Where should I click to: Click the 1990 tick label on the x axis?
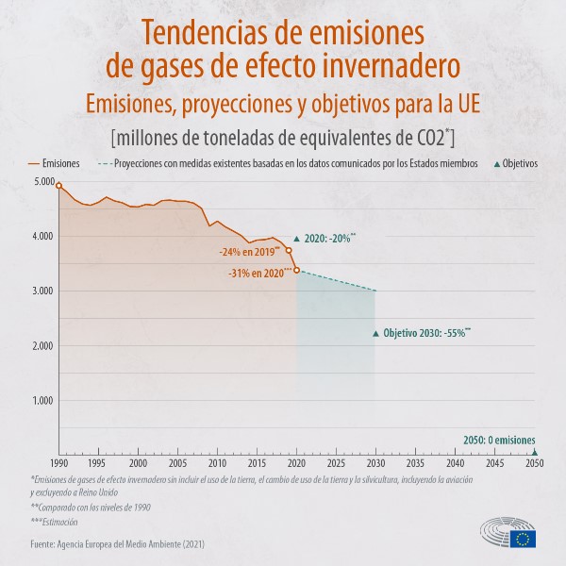coord(58,464)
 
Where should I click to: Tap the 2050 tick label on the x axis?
coord(535,464)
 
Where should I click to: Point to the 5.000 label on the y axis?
coord(42,181)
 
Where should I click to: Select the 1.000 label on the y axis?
coord(42,400)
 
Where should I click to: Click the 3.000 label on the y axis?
coord(42,291)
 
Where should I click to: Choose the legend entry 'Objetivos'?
coord(516,163)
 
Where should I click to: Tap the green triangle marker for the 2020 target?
coord(296,240)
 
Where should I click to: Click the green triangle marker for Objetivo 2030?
coord(375,333)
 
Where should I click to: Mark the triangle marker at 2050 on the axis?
coord(535,451)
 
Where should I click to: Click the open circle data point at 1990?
coord(58,186)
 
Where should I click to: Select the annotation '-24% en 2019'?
coord(250,253)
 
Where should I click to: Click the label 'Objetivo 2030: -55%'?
coord(426,333)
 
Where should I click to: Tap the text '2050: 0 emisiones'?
coord(499,441)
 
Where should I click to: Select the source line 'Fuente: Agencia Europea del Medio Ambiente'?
coord(116,544)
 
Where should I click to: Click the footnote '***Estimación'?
coord(54,522)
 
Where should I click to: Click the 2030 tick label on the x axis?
coord(375,464)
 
